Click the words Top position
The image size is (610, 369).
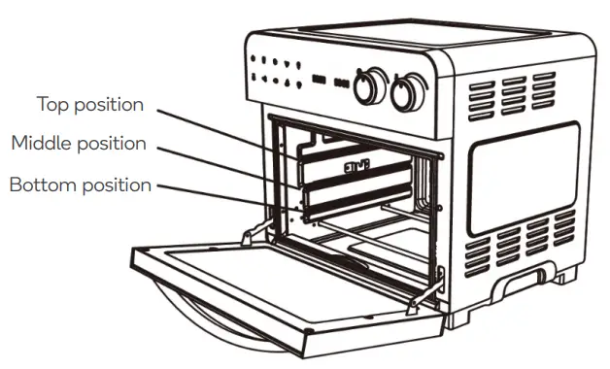89,103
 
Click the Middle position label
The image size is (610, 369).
79,143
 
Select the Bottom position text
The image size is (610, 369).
80,184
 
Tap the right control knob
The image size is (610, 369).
408,92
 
